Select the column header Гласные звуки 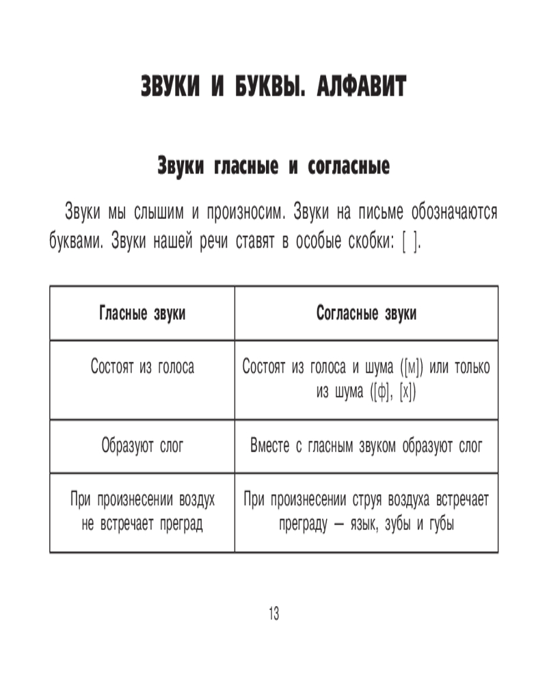(142, 313)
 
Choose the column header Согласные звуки (366, 313)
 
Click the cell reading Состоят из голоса (142, 367)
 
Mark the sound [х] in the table (407, 393)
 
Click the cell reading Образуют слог (142, 447)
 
